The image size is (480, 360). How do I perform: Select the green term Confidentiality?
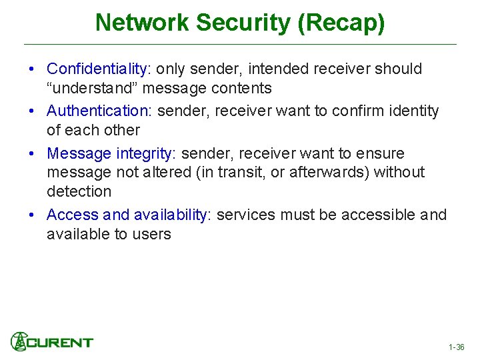pyautogui.click(x=97, y=69)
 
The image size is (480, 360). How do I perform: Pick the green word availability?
pyautogui.click(x=170, y=215)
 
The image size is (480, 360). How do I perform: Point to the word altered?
pyautogui.click(x=159, y=172)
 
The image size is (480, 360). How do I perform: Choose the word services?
pyautogui.click(x=247, y=215)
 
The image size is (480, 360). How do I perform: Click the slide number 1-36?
pyautogui.click(x=457, y=347)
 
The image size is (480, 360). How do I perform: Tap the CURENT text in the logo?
pyautogui.click(x=61, y=342)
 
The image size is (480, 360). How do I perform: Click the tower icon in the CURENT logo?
pyautogui.click(x=19, y=341)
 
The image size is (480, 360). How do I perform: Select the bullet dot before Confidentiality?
pyautogui.click(x=31, y=69)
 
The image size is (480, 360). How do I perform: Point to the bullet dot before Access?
pyautogui.click(x=31, y=215)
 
